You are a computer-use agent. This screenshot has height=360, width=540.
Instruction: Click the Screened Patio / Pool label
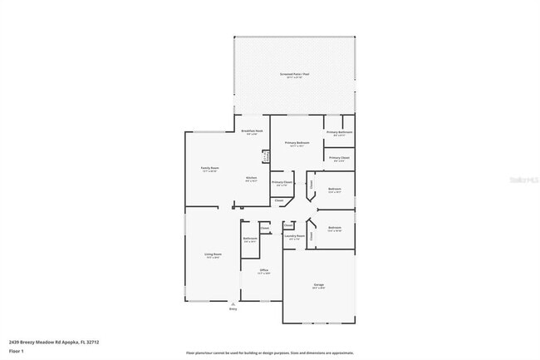[294, 74]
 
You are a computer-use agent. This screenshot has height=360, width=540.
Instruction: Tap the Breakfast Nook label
[252, 131]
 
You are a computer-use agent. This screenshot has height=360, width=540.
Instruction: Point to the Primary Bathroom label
[339, 132]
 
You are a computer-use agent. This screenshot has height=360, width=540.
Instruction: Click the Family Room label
[209, 168]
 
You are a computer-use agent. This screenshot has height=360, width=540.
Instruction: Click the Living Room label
[214, 254]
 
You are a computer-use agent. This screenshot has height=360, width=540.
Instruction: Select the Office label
[263, 270]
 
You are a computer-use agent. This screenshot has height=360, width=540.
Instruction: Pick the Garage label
[318, 285]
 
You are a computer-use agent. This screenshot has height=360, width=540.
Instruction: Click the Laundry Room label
[292, 236]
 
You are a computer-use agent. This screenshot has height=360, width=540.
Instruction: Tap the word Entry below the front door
[233, 308]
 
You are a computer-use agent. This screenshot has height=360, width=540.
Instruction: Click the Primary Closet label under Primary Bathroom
[339, 157]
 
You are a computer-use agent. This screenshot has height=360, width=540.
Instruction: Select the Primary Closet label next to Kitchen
[282, 182]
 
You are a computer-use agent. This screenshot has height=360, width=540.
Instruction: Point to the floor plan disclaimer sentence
[269, 353]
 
